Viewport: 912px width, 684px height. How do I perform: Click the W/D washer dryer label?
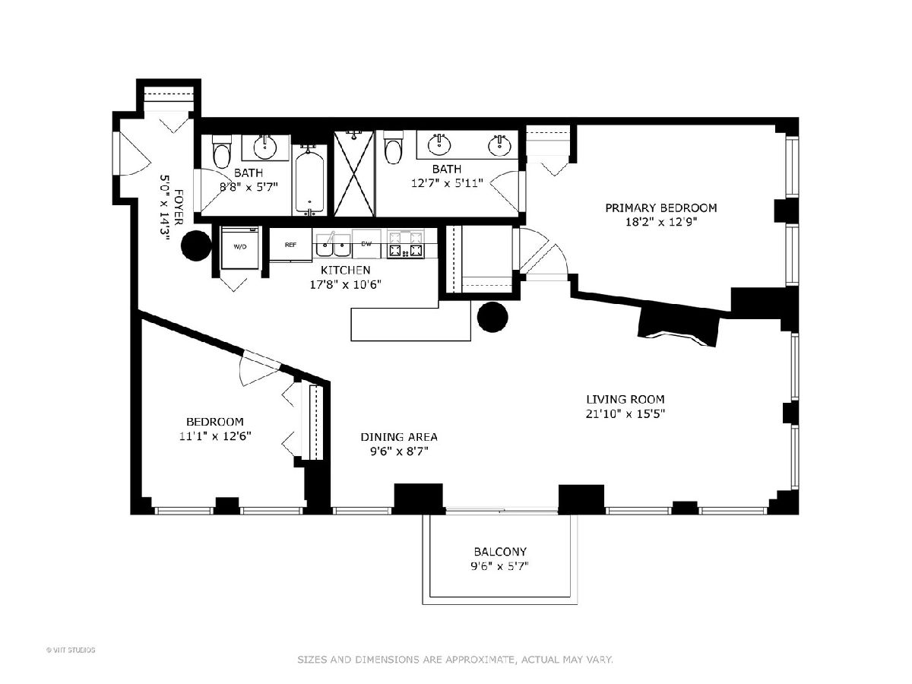tap(239, 247)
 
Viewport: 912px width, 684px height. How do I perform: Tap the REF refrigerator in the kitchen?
tap(290, 245)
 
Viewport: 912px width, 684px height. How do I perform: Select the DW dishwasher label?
tap(366, 244)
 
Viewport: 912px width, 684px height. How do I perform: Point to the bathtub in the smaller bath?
tap(309, 180)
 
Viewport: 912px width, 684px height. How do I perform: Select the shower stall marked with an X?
tap(354, 173)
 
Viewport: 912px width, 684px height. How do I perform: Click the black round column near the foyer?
tap(197, 245)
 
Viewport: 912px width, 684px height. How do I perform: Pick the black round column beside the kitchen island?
tap(492, 317)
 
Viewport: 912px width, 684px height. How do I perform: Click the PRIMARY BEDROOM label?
tap(661, 207)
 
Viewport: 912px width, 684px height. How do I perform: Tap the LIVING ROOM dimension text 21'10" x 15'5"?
tap(625, 414)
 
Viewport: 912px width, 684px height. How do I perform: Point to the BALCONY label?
tap(500, 552)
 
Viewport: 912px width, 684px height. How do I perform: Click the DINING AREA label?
tap(399, 437)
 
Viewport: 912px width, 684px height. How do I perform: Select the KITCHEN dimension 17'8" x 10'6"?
tap(345, 285)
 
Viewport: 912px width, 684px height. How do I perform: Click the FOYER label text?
tap(178, 207)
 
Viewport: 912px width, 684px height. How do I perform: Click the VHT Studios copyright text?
tap(71, 650)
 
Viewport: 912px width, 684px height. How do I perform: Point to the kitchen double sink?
tap(333, 245)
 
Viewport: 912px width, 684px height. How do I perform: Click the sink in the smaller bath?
tap(265, 147)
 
